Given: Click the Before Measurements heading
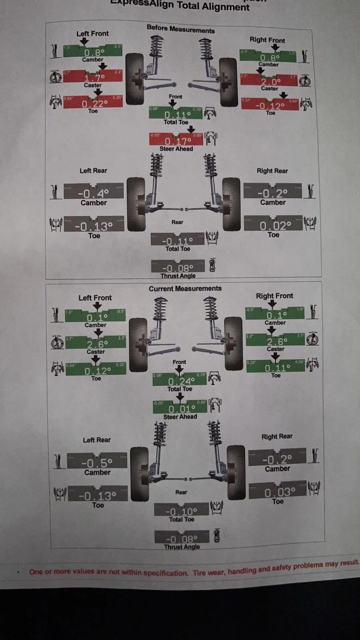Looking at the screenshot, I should pyautogui.click(x=181, y=29).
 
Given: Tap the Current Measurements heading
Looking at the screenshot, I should pyautogui.click(x=185, y=289).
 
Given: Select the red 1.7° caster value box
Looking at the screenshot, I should pyautogui.click(x=93, y=76).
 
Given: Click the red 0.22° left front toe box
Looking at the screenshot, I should pyautogui.click(x=93, y=102).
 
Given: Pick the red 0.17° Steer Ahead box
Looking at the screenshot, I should pyautogui.click(x=176, y=139).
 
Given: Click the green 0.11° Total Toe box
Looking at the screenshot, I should pyautogui.click(x=176, y=113).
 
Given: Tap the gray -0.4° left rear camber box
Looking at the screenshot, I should pyautogui.click(x=93, y=191).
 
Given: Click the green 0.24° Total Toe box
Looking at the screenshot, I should pyautogui.click(x=180, y=380).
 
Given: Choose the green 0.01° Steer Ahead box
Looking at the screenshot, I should pyautogui.click(x=180, y=407).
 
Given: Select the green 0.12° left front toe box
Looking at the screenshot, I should pyautogui.click(x=96, y=369).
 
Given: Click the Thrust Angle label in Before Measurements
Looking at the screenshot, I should pyautogui.click(x=178, y=276).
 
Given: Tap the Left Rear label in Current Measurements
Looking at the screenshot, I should pyautogui.click(x=97, y=440).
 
